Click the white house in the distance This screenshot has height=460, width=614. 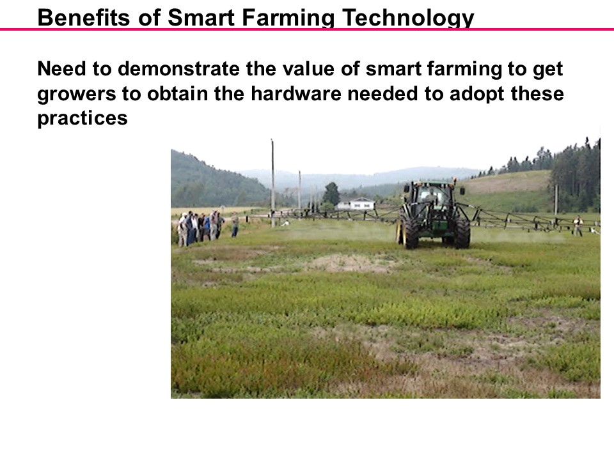pyautogui.click(x=356, y=204)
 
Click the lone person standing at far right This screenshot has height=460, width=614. pyautogui.click(x=578, y=226)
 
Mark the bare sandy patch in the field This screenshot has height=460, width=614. pyautogui.click(x=349, y=262)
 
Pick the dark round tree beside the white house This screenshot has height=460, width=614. pyautogui.click(x=331, y=193)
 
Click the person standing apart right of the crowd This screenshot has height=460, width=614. pyautogui.click(x=235, y=225)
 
